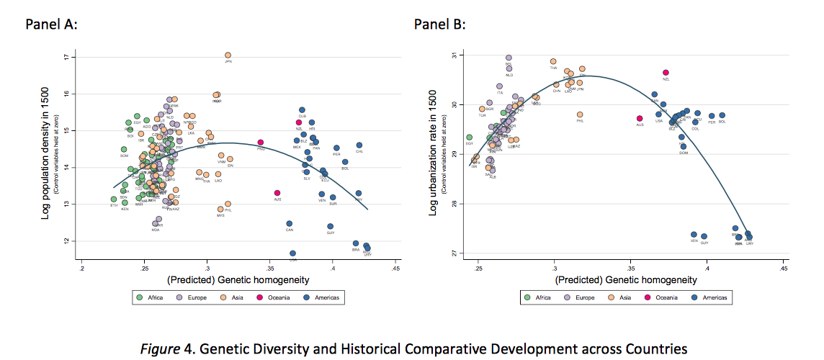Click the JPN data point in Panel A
[228, 55]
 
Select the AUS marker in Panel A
[277, 193]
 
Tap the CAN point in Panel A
[289, 224]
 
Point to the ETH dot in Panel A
[113, 199]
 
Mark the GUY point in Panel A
[330, 226]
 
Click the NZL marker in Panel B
[666, 72]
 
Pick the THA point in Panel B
[553, 62]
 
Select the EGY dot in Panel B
[469, 137]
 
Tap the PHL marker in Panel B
[580, 114]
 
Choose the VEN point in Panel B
[694, 235]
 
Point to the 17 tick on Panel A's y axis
[66, 57]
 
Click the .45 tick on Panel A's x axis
[395, 268]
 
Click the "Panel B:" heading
[439, 24]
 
